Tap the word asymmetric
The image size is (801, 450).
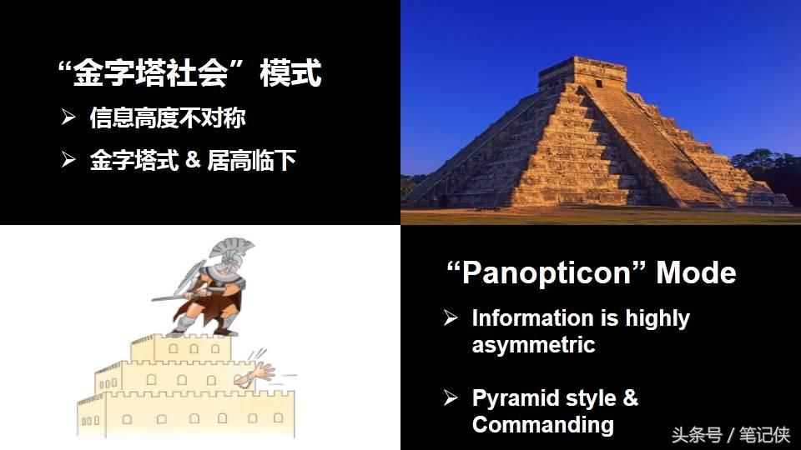coord(533,344)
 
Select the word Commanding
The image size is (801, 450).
coord(542,424)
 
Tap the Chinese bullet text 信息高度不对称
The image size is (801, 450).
coord(168,118)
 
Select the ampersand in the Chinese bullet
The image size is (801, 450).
coord(194,159)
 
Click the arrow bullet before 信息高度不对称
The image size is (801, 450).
coord(68,117)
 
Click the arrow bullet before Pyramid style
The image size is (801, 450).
coord(451,397)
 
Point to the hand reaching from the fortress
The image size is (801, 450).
coord(260,372)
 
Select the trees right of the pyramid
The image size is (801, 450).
coord(768,170)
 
